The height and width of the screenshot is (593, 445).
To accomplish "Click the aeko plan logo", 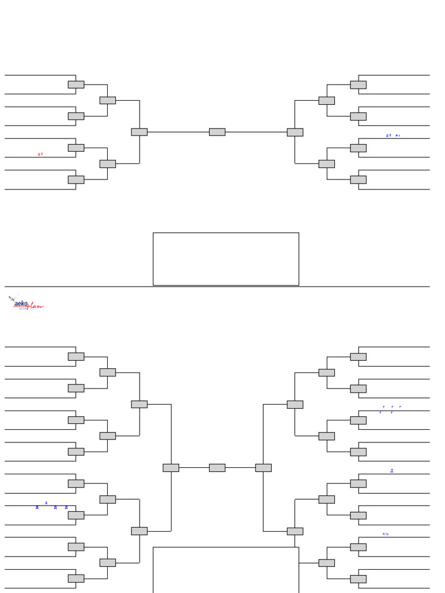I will [x=26, y=303].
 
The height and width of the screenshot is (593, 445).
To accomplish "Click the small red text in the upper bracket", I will [x=41, y=154].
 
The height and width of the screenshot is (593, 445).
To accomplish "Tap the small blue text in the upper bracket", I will [x=393, y=136].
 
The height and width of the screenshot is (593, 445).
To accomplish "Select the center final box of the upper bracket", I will [x=217, y=132].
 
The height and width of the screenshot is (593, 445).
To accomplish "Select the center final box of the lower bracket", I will [x=217, y=467].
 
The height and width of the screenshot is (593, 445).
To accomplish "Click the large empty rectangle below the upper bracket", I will [x=226, y=259].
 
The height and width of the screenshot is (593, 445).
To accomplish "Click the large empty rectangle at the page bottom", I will [x=226, y=570].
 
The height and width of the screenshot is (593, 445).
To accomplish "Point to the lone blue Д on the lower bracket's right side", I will [x=392, y=471].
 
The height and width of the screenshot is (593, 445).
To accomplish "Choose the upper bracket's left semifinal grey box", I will [x=139, y=132].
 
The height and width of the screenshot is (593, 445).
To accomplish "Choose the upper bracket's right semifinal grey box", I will [x=295, y=132].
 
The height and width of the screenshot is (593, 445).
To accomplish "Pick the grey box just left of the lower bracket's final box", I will [x=171, y=467].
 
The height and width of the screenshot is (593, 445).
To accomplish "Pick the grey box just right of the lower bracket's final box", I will [x=263, y=467].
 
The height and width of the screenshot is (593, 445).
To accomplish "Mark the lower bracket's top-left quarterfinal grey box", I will [x=139, y=404].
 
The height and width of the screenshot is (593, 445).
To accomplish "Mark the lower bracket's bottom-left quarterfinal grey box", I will [x=139, y=531].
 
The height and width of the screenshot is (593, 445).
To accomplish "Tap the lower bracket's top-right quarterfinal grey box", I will [x=295, y=404].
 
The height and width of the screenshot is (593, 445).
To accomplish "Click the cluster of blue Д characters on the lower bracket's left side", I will [x=52, y=506].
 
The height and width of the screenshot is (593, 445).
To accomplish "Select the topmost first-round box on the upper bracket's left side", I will [x=76, y=85].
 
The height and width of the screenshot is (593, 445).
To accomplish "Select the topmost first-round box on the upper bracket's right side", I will [x=358, y=85].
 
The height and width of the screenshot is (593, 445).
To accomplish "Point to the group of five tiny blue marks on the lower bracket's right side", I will [x=391, y=409].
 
